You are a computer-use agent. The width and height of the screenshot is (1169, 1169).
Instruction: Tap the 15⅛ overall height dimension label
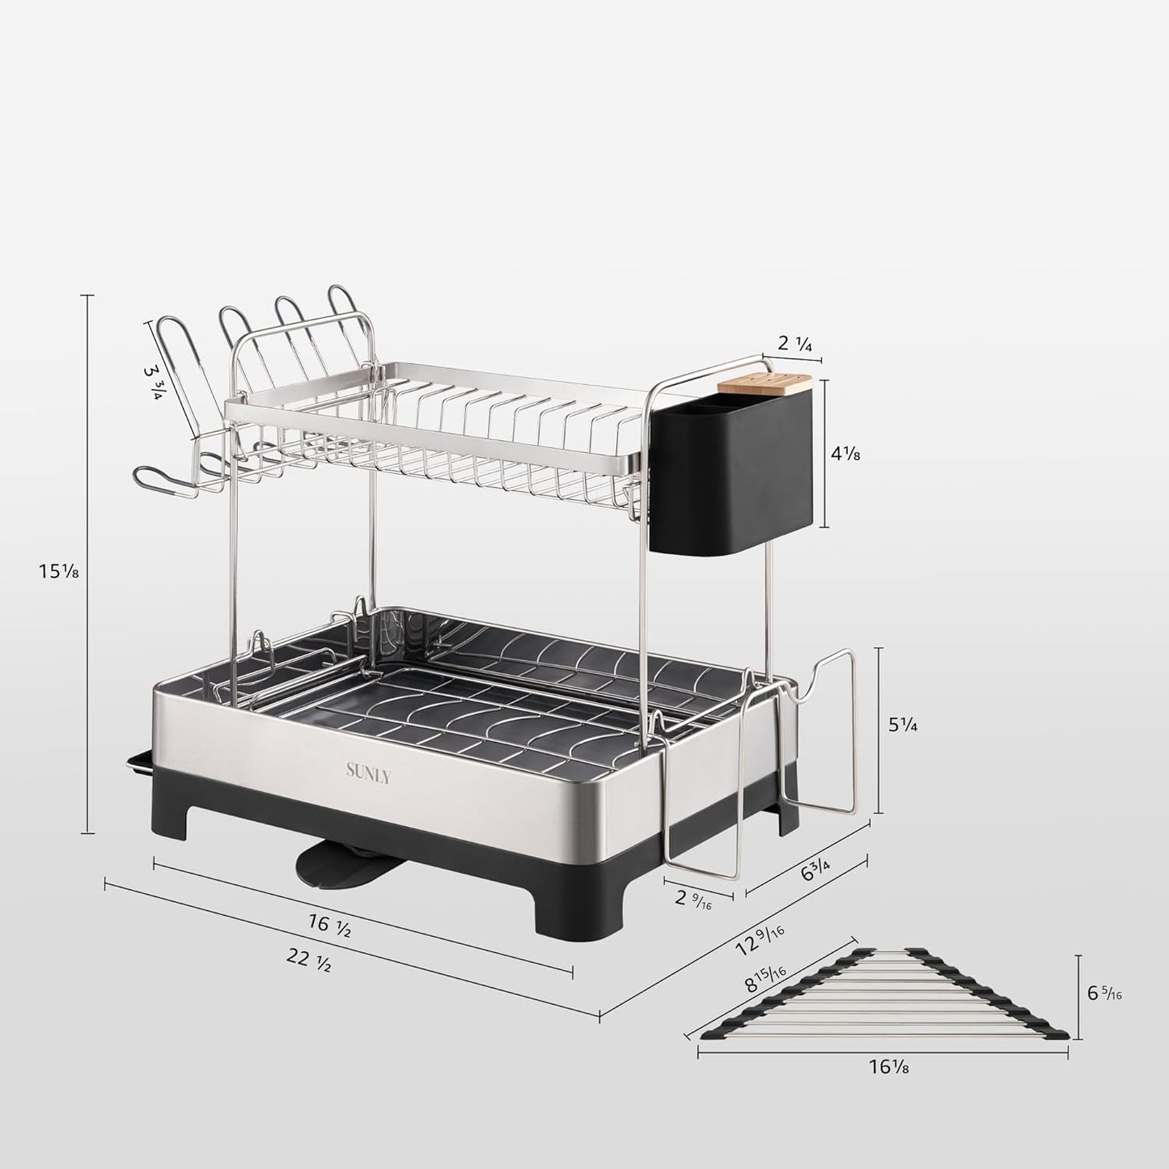click(x=59, y=571)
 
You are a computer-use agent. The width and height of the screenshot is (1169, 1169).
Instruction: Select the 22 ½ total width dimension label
click(x=309, y=960)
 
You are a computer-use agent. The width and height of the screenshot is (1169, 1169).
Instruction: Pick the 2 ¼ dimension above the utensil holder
click(x=794, y=343)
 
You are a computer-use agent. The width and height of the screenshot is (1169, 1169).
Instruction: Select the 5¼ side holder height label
click(x=903, y=725)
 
